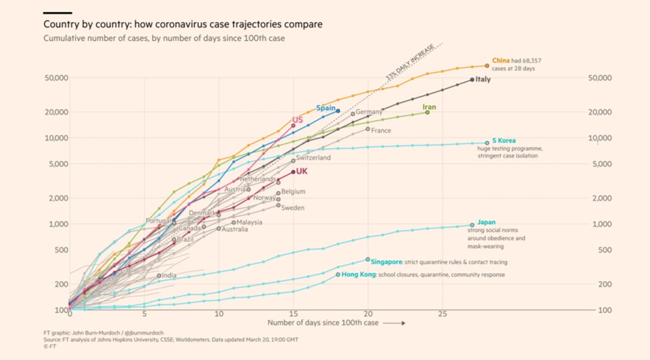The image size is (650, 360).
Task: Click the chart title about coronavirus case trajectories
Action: (182, 24)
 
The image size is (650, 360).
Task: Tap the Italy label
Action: (483, 79)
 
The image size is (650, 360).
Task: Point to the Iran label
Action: (429, 107)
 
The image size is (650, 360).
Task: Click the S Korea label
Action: (504, 140)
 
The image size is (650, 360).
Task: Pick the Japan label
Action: (486, 222)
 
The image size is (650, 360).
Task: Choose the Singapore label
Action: (387, 262)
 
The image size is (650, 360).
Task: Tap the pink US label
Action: (297, 119)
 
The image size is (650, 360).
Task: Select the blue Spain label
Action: (325, 108)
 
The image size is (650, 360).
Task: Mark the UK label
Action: (302, 171)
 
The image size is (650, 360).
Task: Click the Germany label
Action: (369, 112)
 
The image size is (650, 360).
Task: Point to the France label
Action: (381, 131)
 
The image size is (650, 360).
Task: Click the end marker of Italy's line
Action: (472, 80)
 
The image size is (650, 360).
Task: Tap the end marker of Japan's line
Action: (472, 225)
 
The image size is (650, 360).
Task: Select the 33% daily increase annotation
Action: (400, 67)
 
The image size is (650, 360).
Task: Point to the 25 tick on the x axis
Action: (442, 314)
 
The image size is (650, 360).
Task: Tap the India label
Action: (169, 276)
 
